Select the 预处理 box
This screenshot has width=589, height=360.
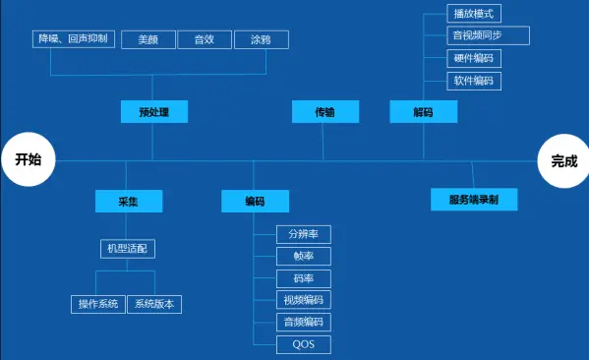[154, 112]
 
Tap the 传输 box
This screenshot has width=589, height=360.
[324, 112]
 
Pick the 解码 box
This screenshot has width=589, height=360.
[423, 112]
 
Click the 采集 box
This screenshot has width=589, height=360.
[129, 202]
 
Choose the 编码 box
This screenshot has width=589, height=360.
[255, 202]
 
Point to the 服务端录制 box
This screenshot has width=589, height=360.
[474, 200]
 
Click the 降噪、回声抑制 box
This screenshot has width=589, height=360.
[74, 39]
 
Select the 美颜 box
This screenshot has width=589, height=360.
[148, 39]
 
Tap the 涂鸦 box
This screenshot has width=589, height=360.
[261, 39]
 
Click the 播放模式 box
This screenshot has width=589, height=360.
[474, 14]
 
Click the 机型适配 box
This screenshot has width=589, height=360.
[129, 249]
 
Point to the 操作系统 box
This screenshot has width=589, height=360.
[98, 304]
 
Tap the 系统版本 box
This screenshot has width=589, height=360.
[154, 304]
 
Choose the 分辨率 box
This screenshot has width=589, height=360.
[304, 234]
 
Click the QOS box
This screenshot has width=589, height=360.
[304, 344]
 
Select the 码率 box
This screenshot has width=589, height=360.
[304, 278]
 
